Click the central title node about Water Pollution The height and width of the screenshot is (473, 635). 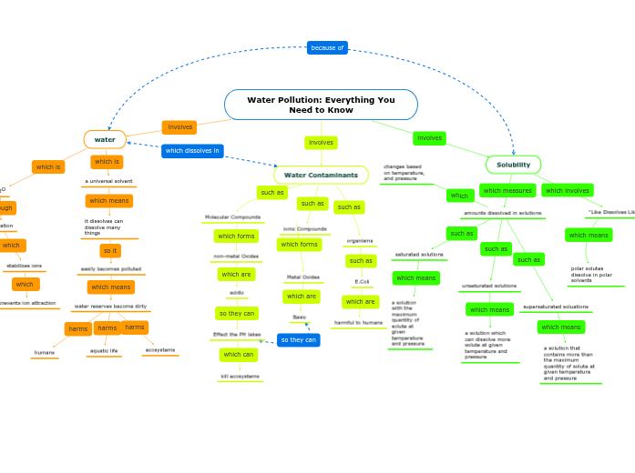point(321,105)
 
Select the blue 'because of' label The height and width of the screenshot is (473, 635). point(327,47)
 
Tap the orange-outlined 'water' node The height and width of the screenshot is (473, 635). point(105,139)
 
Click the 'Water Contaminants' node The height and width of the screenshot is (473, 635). point(321,175)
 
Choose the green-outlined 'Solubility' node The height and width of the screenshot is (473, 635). point(513,165)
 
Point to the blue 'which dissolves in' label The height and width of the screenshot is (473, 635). point(192,151)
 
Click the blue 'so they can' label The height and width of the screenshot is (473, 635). point(298,340)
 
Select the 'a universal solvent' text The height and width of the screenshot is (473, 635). point(108,181)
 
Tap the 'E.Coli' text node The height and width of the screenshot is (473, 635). point(362,281)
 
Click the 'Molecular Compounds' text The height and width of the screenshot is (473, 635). point(232,217)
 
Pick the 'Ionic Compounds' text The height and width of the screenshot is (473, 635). point(304,228)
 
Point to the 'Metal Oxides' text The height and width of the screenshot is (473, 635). point(303,277)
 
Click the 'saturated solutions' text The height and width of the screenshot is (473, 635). point(418,255)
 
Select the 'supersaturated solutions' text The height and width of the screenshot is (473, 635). point(555,307)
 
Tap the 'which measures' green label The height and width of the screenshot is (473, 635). point(507,191)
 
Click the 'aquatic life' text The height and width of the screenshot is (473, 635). point(104,350)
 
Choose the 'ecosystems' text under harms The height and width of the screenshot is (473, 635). point(160,349)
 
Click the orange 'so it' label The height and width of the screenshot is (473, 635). point(110,250)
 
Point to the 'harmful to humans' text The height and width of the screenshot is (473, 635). point(358,322)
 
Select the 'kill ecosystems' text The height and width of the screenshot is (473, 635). point(240,376)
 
